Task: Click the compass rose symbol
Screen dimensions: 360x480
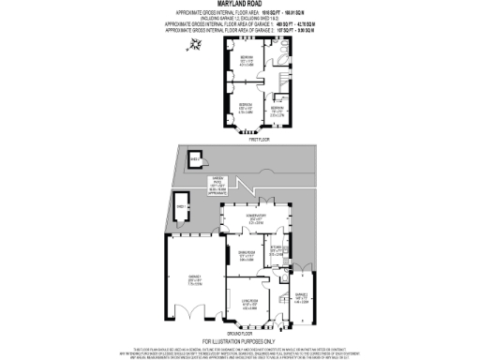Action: [x=194, y=44]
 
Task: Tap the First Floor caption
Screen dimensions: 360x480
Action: [x=250, y=139]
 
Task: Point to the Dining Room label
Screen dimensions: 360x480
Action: [x=247, y=256]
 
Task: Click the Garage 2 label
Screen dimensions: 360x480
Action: [x=303, y=298]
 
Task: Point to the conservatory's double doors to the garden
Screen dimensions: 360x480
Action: [x=257, y=203]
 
